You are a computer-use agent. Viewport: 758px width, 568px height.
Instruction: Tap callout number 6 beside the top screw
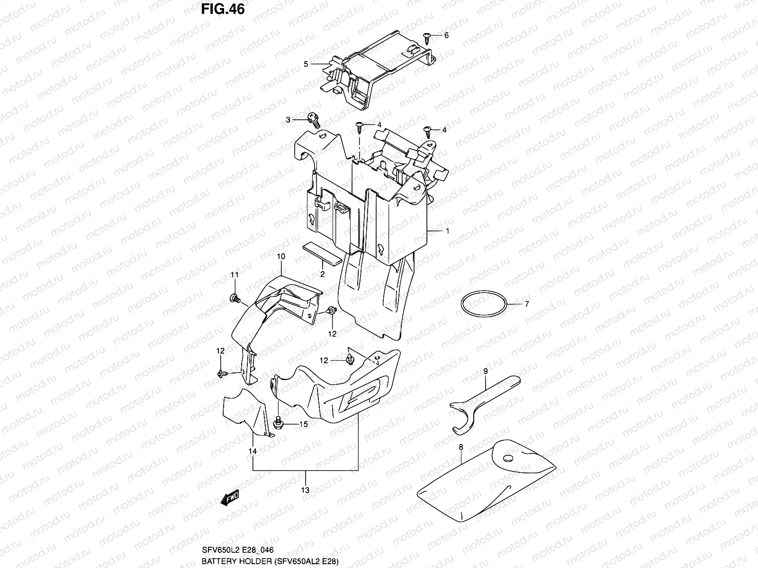click(446, 35)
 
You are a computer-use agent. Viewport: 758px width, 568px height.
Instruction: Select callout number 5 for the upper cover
click(306, 63)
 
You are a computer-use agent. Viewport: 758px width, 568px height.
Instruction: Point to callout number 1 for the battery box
click(447, 231)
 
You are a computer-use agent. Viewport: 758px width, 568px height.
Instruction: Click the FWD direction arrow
click(229, 498)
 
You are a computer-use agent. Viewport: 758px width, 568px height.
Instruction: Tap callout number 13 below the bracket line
click(306, 490)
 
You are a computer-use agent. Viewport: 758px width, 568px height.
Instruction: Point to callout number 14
click(253, 452)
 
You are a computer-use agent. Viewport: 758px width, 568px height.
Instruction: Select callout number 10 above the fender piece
click(280, 257)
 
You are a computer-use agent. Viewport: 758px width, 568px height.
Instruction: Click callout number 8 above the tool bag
click(460, 446)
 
